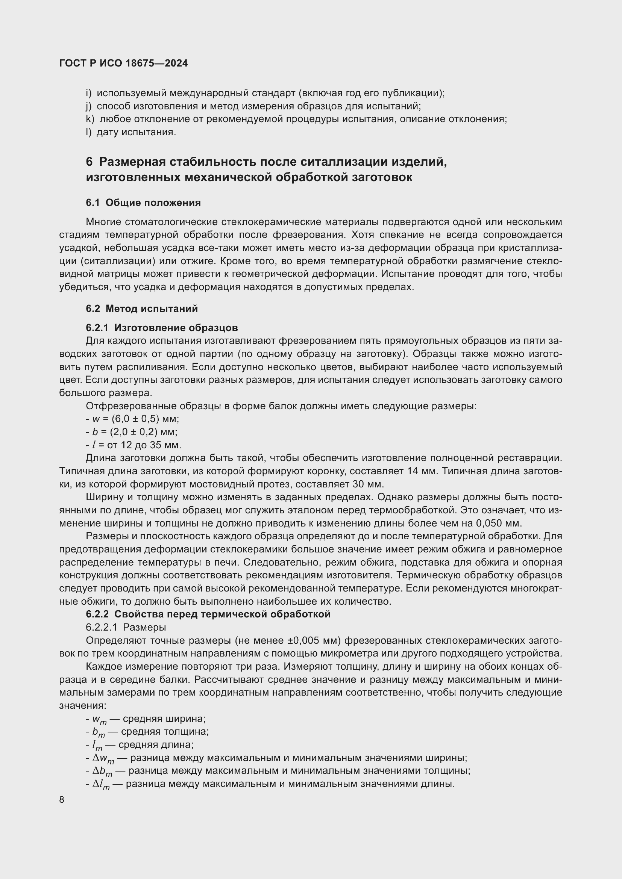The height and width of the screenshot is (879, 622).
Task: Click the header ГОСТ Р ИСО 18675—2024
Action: pyautogui.click(x=123, y=64)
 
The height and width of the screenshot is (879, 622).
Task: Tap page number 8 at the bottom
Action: pyautogui.click(x=62, y=800)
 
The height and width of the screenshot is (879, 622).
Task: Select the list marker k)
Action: pyautogui.click(x=90, y=119)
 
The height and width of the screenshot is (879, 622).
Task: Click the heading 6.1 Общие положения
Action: pyautogui.click(x=143, y=203)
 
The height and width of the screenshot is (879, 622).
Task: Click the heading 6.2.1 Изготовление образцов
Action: pyautogui.click(x=162, y=328)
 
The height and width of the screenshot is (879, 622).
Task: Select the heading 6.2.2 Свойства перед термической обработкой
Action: pyautogui.click(x=208, y=614)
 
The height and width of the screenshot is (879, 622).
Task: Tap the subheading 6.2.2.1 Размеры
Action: pyautogui.click(x=126, y=627)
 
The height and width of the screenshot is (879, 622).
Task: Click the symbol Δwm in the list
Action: pyautogui.click(x=103, y=758)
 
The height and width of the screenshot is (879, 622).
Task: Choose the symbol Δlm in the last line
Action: pyautogui.click(x=101, y=784)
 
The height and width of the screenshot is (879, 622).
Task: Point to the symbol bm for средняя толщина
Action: pyautogui.click(x=98, y=732)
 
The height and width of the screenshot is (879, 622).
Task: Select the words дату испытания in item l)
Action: pyautogui.click(x=137, y=132)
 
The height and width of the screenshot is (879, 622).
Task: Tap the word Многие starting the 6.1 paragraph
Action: pyautogui.click(x=103, y=222)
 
